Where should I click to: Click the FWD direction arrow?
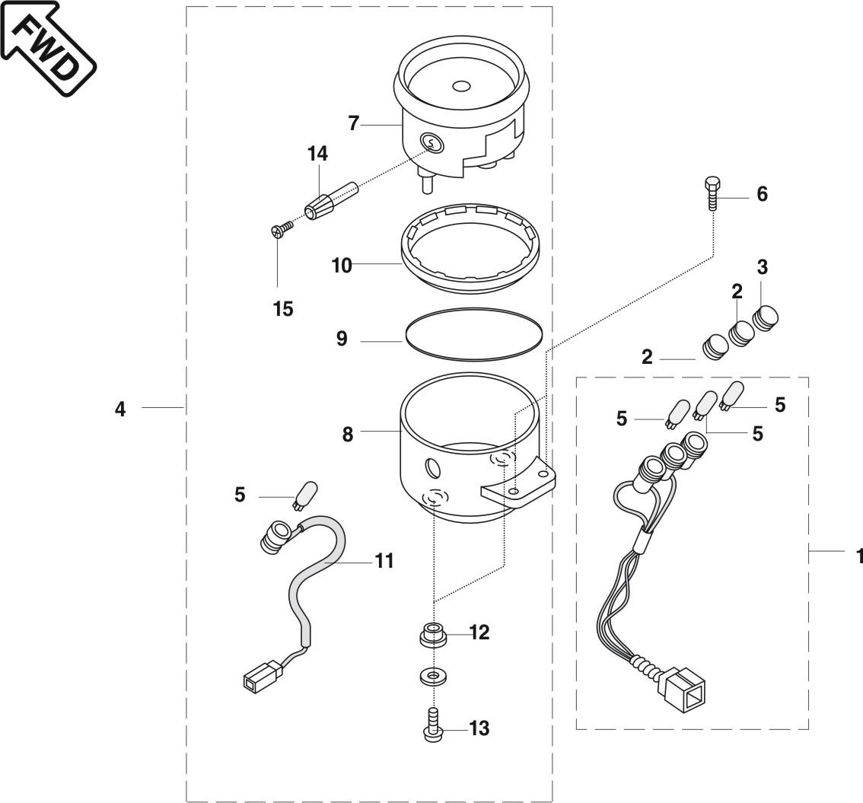pos(49,49)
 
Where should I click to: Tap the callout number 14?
pos(317,154)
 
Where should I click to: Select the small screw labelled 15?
pos(282,229)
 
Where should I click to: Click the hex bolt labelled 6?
pos(712,193)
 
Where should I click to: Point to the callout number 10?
pos(341,266)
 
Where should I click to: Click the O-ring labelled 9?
pos(474,334)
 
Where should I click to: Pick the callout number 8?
pos(347,435)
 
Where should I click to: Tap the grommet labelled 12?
pos(433,635)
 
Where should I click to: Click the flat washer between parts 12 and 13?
pos(433,677)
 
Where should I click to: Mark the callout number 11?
pos(384,561)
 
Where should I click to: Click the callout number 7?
pos(353,123)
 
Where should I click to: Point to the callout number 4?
pos(120,409)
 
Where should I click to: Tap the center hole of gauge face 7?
pos(460,87)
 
